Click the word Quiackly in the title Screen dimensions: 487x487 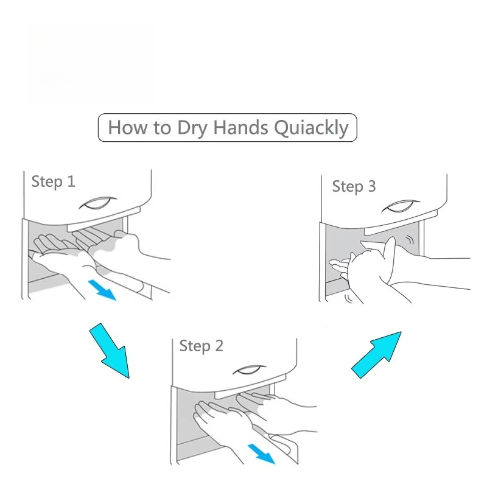tap(312, 128)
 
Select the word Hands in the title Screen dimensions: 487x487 tap(240, 127)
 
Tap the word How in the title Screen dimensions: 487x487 tap(128, 127)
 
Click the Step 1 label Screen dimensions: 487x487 tap(54, 181)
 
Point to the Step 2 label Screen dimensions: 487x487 tap(201, 346)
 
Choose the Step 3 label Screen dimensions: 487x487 tap(354, 186)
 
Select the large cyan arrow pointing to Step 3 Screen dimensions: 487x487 tap(376, 355)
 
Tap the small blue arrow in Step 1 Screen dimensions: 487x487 tap(102, 290)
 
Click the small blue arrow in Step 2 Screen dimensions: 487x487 tap(261, 454)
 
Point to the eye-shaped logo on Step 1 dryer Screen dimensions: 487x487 tap(97, 203)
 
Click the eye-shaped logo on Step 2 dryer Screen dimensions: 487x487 tap(250, 370)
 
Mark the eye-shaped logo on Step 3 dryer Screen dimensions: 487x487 tap(401, 206)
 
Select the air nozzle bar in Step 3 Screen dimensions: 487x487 tap(401, 223)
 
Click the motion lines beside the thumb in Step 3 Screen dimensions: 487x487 tap(411, 240)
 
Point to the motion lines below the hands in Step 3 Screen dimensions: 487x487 tap(349, 298)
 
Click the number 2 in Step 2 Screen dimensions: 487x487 tap(219, 345)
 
